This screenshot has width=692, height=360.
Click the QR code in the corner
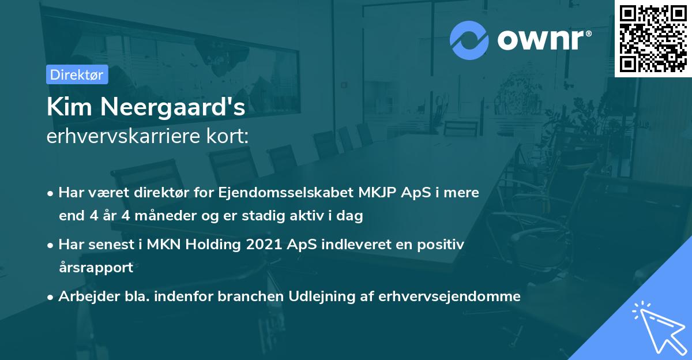[x=653, y=38]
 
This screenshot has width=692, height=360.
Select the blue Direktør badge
[x=77, y=74]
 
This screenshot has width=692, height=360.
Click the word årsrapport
[x=96, y=267]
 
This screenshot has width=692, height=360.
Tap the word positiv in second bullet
[x=443, y=245]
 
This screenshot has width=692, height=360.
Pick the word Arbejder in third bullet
[x=85, y=297]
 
